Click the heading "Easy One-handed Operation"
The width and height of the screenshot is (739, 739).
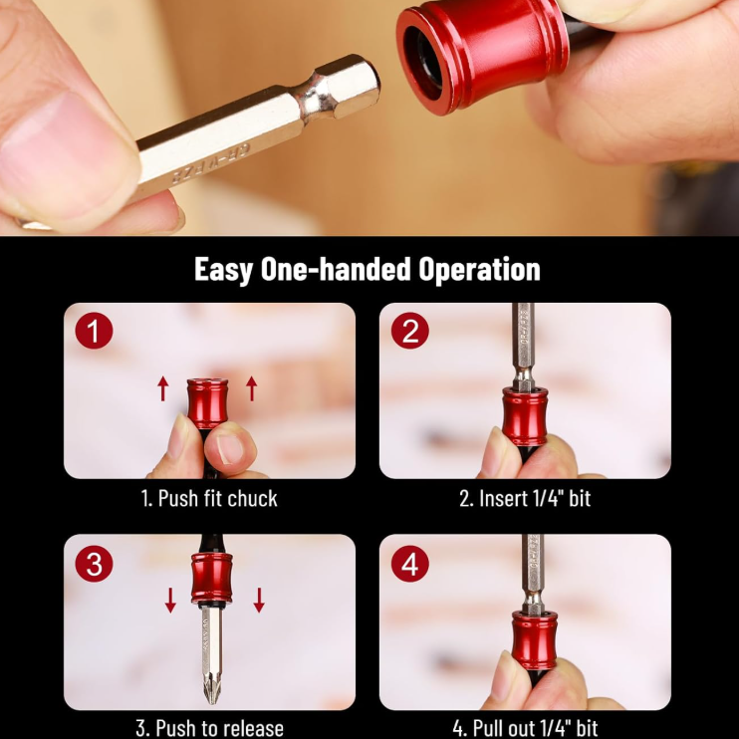368,269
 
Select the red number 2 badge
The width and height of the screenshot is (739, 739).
409,332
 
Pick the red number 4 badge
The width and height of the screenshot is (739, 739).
409,565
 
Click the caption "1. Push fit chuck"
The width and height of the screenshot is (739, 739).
209,498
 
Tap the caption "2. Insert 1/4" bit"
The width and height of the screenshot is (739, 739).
525,498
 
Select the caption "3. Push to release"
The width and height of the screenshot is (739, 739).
209,727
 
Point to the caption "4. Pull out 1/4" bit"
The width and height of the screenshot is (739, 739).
525,727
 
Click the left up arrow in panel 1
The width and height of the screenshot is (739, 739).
163,388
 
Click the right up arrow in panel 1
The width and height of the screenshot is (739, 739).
251,388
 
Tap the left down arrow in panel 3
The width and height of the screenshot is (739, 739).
170,600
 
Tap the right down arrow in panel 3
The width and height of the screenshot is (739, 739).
259,600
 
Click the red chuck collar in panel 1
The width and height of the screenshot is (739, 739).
208,402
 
